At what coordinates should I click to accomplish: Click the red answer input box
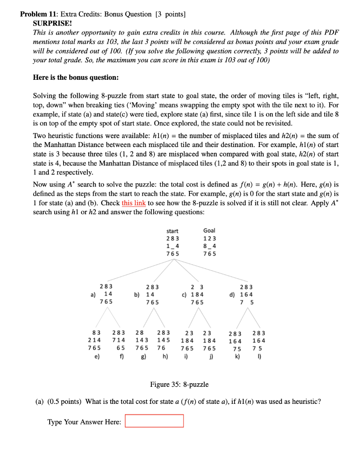[154, 421]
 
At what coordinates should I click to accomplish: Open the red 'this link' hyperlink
[133, 203]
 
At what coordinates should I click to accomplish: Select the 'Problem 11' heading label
[39, 14]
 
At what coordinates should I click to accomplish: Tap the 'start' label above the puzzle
[172, 231]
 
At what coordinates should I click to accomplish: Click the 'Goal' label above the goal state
[209, 231]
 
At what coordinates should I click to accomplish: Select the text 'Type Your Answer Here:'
[84, 422]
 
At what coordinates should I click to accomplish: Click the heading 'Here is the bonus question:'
[76, 77]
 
